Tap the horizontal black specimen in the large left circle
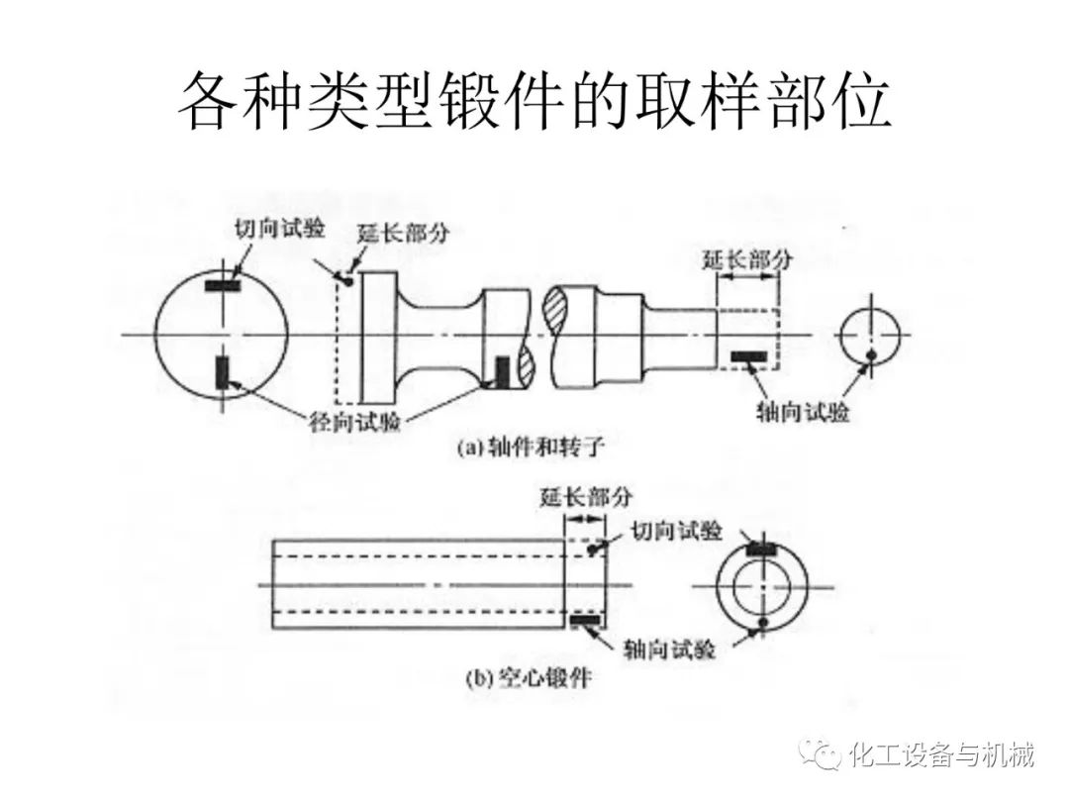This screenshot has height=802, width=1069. coord(223,286)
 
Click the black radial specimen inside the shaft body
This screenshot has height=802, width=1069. coord(502,371)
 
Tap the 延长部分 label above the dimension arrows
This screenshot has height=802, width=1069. coord(747,259)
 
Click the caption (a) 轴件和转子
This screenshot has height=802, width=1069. coord(530,448)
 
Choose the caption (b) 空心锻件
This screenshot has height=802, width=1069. coord(530,679)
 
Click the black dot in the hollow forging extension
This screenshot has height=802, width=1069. coord(593,549)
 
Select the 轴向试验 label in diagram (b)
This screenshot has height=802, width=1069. coord(670,649)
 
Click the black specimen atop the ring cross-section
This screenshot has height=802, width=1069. coord(762,548)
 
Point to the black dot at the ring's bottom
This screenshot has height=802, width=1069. coord(762,622)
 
